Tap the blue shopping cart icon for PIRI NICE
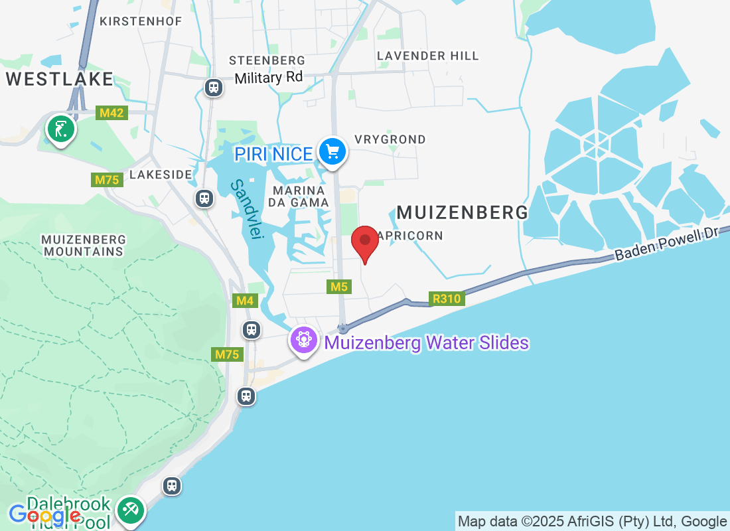(x=332, y=153)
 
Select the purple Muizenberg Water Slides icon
(x=304, y=341)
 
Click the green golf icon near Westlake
(x=60, y=129)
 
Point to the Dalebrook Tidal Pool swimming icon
(x=129, y=511)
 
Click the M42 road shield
(x=111, y=113)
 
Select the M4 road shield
(x=246, y=301)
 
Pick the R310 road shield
(x=447, y=299)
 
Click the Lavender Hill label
(x=427, y=56)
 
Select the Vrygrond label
(x=390, y=139)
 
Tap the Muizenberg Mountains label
(x=83, y=245)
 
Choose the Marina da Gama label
(x=301, y=196)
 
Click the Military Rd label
(x=269, y=78)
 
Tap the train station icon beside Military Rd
(x=213, y=87)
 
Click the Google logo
(x=44, y=514)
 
